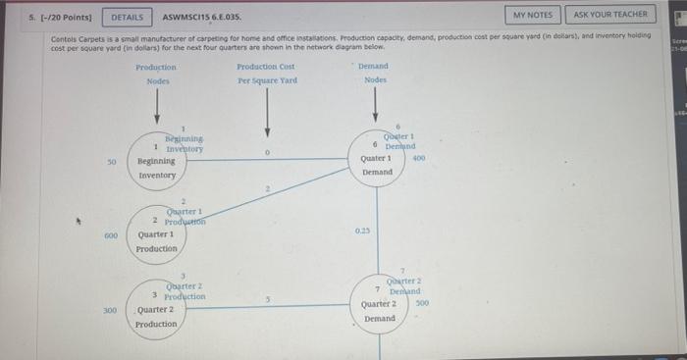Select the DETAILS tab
tap(127, 17)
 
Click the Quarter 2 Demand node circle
tap(379, 304)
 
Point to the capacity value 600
tap(111, 235)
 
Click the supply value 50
tap(112, 160)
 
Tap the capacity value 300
tap(111, 310)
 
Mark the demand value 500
tap(422, 304)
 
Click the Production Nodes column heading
tap(157, 73)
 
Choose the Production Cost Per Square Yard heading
tap(266, 73)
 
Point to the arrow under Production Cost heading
tap(267, 113)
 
